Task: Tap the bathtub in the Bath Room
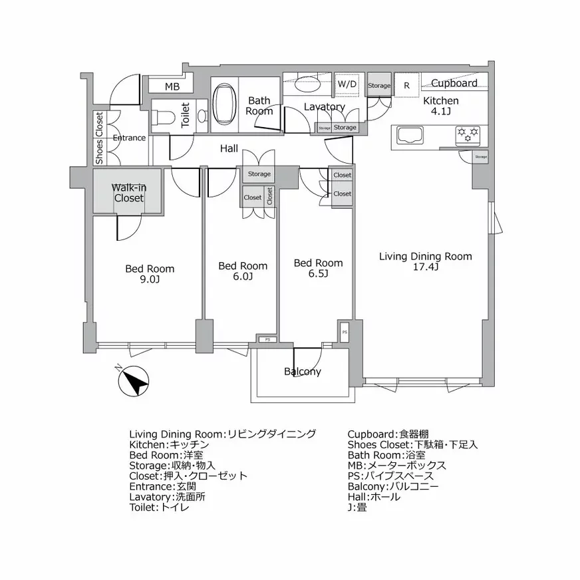click(225, 106)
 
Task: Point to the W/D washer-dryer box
click(347, 84)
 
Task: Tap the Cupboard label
click(454, 83)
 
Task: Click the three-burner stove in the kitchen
click(468, 135)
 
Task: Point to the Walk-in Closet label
click(128, 193)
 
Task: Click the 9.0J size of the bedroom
click(150, 279)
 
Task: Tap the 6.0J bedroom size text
click(243, 276)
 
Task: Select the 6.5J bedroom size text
click(319, 273)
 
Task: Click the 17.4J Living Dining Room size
click(425, 267)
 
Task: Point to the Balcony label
click(303, 372)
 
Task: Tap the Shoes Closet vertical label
click(99, 138)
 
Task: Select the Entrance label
click(129, 138)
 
